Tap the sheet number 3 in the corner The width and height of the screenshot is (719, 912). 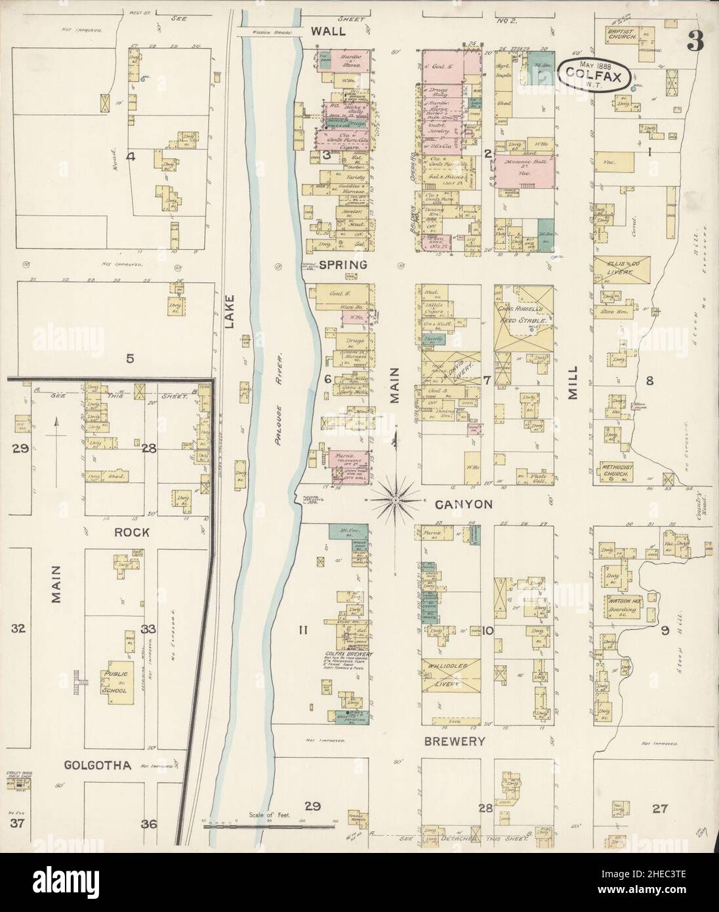(695, 41)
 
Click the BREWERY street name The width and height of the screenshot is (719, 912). (453, 741)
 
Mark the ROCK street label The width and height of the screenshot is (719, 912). (133, 533)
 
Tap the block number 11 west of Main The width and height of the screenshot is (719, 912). (303, 631)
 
